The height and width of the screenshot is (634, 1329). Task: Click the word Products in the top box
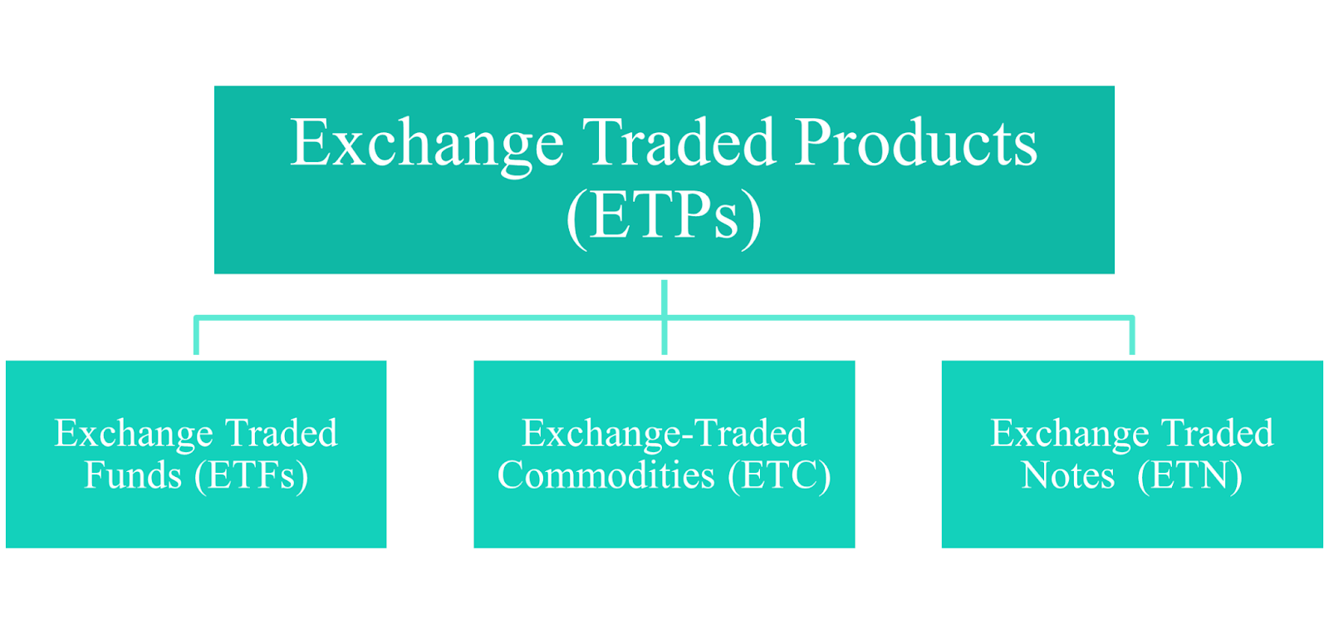[916, 142]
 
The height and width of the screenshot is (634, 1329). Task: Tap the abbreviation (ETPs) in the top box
[664, 219]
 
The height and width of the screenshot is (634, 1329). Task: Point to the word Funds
[133, 475]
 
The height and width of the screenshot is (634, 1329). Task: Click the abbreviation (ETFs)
[252, 477]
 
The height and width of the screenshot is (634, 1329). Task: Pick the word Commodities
[606, 475]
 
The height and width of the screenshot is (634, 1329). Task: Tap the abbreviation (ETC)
[780, 477]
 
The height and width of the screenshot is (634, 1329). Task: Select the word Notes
[1067, 475]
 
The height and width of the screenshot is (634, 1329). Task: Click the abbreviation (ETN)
[1189, 477]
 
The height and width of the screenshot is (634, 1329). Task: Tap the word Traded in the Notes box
[1217, 433]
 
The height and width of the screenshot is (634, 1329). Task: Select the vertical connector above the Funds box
[196, 336]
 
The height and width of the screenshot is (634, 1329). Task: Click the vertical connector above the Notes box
[1132, 336]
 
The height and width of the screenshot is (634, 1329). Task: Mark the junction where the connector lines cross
[664, 317]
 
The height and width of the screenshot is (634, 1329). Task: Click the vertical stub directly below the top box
[664, 297]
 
